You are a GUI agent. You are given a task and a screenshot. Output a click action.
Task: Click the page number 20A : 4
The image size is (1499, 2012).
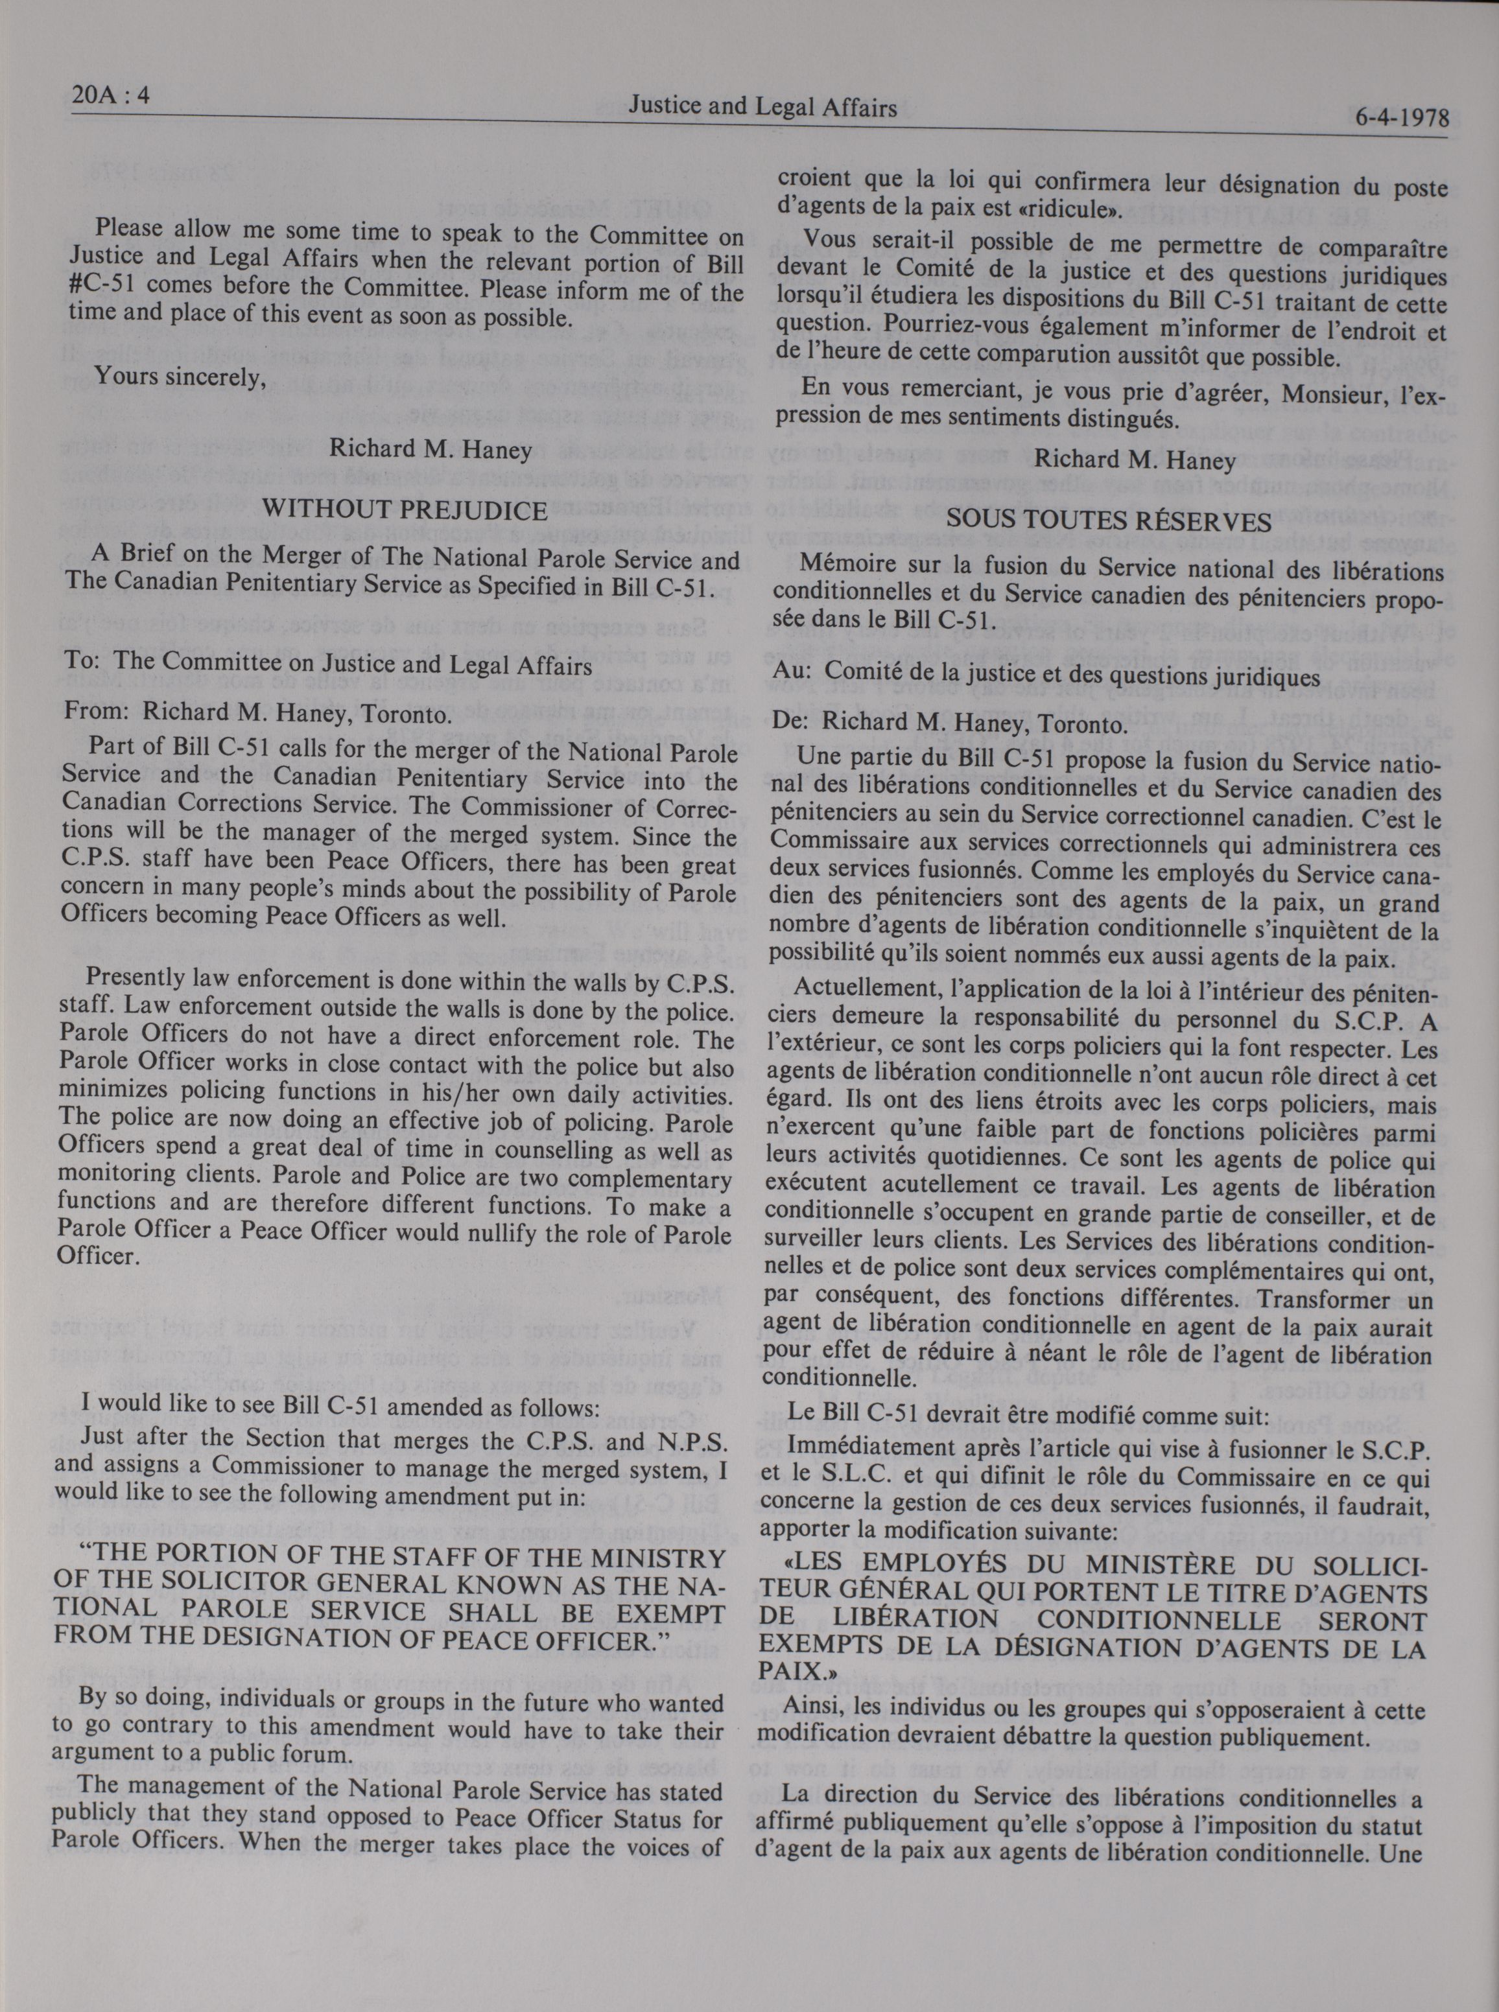coord(109,97)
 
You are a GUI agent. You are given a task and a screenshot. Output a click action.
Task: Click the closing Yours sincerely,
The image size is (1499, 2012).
coord(180,377)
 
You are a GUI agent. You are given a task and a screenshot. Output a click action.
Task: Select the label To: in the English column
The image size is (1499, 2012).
coord(82,663)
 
